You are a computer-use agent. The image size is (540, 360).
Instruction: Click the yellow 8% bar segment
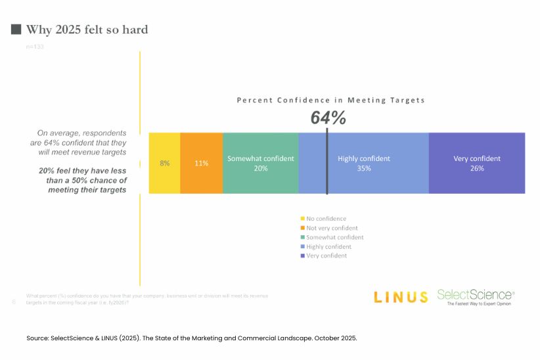164,163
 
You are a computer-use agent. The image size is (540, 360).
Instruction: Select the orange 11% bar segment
201,163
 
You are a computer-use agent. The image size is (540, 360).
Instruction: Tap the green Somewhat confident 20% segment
260,163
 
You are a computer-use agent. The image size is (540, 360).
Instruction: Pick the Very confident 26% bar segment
476,163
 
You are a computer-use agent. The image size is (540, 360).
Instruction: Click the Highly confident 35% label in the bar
364,163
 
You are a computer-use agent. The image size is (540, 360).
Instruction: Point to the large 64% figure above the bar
328,118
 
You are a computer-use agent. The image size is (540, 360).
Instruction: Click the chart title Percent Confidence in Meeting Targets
330,101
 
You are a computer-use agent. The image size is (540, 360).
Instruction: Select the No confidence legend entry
323,219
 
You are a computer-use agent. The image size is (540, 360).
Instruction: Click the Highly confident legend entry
328,246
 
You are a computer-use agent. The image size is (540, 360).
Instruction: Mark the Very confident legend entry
326,256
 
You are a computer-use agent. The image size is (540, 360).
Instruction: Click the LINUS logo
400,297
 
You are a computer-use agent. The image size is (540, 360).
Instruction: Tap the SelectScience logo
476,297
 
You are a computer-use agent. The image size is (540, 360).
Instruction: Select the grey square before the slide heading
16,30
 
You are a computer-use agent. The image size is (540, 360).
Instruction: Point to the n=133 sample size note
35,47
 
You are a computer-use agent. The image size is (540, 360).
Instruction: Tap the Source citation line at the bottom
191,338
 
